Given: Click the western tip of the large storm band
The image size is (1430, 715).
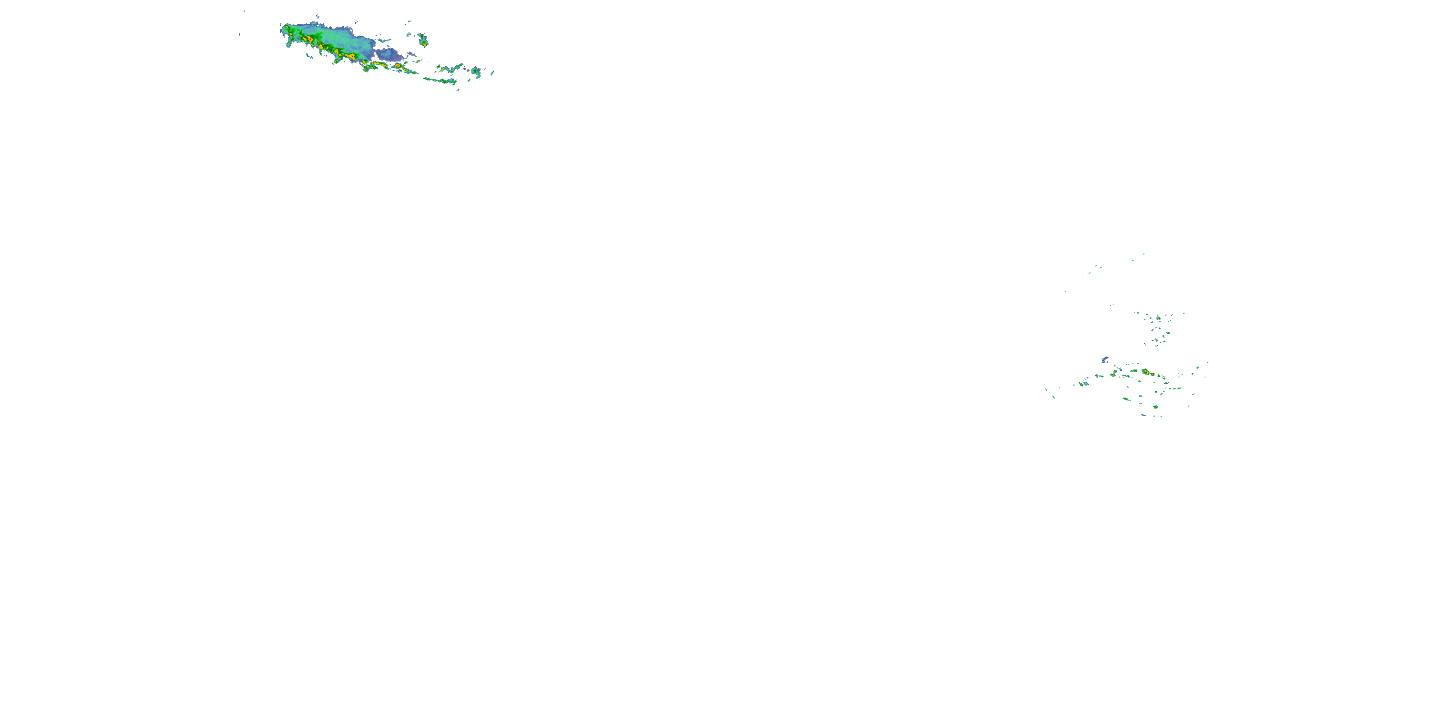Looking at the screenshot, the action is pyautogui.click(x=281, y=28).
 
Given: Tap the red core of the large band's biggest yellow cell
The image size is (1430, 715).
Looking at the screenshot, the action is pyautogui.click(x=309, y=40).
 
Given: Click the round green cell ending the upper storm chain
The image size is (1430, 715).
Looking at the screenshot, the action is pyautogui.click(x=476, y=71).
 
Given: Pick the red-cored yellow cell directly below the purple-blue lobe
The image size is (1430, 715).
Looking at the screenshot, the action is pyautogui.click(x=398, y=65).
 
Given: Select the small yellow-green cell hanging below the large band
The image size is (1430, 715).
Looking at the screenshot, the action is pyautogui.click(x=337, y=61).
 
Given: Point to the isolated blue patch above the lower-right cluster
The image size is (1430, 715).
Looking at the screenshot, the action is pyautogui.click(x=1105, y=360).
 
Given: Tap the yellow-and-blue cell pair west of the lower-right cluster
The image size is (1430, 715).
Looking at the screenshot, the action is pyautogui.click(x=1084, y=383).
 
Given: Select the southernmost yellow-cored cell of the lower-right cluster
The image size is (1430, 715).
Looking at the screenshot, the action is pyautogui.click(x=1156, y=407).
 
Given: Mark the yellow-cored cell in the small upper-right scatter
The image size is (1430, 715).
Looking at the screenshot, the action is pyautogui.click(x=1158, y=318).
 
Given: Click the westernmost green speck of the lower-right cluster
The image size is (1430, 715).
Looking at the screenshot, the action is pyautogui.click(x=1046, y=390).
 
